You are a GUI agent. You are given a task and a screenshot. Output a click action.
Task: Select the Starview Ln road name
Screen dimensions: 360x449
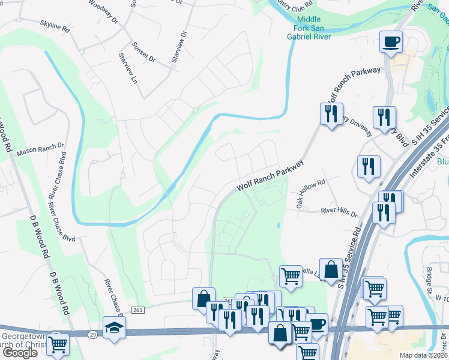point(128,68)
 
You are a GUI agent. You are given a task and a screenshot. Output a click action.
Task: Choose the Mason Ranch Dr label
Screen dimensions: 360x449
point(40,149)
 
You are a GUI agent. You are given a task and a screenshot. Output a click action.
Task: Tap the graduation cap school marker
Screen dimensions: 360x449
point(114,328)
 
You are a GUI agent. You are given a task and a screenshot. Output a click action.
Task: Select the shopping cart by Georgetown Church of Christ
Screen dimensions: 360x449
point(58,344)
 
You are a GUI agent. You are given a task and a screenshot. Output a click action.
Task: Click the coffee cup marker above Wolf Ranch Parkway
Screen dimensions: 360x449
point(391,42)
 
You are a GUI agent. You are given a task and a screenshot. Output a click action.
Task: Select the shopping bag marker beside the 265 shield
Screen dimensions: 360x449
point(203,298)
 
